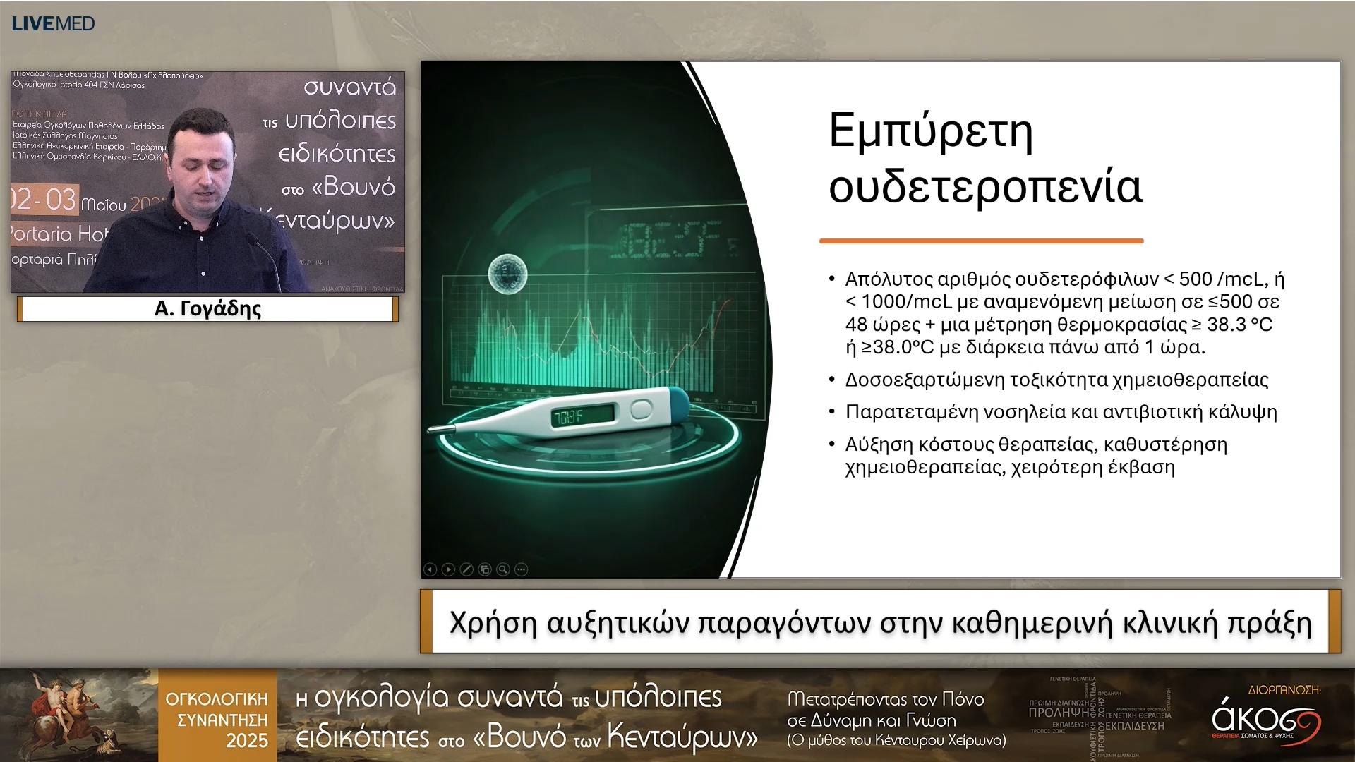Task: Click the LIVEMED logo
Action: pos(53,23)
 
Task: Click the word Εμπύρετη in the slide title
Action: pos(931,131)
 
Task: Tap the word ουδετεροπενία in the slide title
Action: pos(984,188)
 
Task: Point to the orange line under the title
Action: pos(981,241)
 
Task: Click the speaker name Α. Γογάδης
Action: pos(207,308)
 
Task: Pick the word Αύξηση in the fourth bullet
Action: pos(879,445)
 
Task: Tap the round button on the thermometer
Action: pos(641,409)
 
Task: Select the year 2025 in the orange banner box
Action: pos(246,741)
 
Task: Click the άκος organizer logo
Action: pos(1265,718)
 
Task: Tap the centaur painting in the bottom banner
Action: pos(78,714)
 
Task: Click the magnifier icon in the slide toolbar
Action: pos(502,569)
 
